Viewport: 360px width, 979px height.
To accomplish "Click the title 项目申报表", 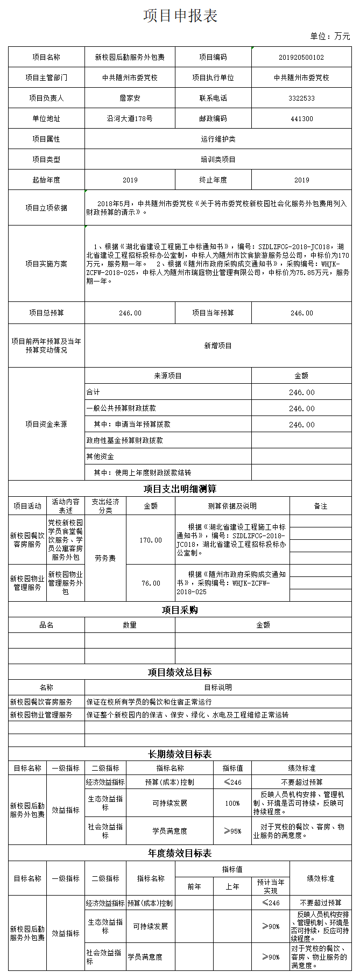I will [x=180, y=16].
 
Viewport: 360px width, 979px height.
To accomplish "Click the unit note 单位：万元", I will [x=330, y=36].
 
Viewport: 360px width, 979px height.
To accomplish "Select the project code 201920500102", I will [x=301, y=57].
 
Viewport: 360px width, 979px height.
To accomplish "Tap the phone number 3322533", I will [x=301, y=98].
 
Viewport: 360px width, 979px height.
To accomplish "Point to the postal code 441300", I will [x=301, y=118].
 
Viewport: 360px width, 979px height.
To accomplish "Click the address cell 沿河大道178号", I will [x=130, y=118].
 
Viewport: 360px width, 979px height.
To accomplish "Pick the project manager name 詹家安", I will [x=130, y=98].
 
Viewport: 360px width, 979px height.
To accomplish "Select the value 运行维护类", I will [x=218, y=139].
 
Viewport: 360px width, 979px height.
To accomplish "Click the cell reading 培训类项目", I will [x=218, y=159].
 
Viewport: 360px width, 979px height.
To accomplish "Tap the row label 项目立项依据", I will [x=46, y=208].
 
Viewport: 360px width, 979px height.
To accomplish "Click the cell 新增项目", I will [x=218, y=346].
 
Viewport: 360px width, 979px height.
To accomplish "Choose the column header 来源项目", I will [x=168, y=376].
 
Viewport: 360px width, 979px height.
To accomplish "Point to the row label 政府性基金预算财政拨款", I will [x=125, y=440].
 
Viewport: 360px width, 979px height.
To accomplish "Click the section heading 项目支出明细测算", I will [x=180, y=489].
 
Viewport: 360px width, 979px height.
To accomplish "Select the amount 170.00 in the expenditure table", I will [x=151, y=540].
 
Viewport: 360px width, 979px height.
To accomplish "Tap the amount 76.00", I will [x=151, y=583].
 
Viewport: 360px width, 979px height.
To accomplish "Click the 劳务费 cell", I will [x=105, y=558].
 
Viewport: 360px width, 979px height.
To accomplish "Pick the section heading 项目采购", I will [x=180, y=610].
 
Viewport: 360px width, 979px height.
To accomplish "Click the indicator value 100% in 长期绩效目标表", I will [x=232, y=803].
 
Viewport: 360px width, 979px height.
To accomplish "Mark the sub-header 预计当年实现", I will [x=271, y=886].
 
